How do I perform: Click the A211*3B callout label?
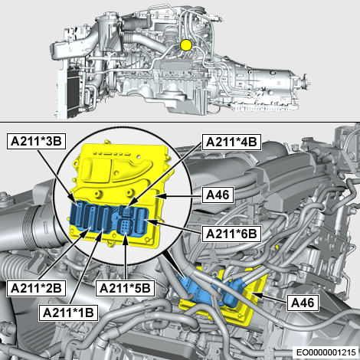pyautogui.click(x=36, y=141)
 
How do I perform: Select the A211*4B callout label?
pyautogui.click(x=231, y=142)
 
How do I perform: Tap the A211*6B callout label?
pyautogui.click(x=231, y=234)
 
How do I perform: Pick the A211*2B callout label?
pyautogui.click(x=36, y=288)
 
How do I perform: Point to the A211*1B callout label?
pyautogui.click(x=68, y=313)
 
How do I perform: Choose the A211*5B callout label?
pyautogui.click(x=125, y=288)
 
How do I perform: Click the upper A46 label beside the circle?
pyautogui.click(x=218, y=195)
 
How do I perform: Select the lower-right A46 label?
pyautogui.click(x=303, y=303)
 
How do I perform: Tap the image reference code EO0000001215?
pyautogui.click(x=326, y=352)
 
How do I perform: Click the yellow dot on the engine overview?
pyautogui.click(x=186, y=45)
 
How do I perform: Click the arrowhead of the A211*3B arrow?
pyautogui.click(x=74, y=201)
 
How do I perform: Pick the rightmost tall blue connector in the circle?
pyautogui.click(x=141, y=221)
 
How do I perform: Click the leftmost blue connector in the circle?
pyautogui.click(x=78, y=214)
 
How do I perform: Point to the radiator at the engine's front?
pyautogui.click(x=72, y=90)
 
